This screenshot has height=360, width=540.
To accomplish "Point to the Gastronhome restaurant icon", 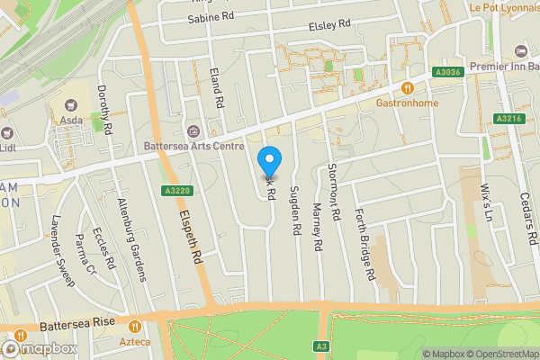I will point(408,88).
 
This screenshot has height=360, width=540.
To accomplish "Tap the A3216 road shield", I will point(506,118).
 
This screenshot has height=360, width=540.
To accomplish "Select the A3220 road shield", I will point(176,190).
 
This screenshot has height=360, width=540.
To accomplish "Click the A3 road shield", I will point(321,346).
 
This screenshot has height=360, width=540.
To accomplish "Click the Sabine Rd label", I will point(211,17).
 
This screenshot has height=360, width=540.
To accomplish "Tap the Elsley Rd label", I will point(328,27).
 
